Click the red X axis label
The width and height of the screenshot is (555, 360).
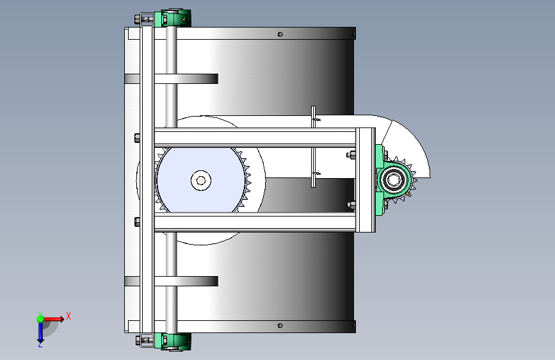click(x=68, y=316)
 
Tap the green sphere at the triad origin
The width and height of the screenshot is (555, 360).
click(x=40, y=319)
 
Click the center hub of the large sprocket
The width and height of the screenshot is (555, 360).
click(x=201, y=181)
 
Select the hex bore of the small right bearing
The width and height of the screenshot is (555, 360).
click(x=393, y=179)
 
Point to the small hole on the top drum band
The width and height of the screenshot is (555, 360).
click(x=280, y=35)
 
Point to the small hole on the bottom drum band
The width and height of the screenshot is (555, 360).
click(x=280, y=325)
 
